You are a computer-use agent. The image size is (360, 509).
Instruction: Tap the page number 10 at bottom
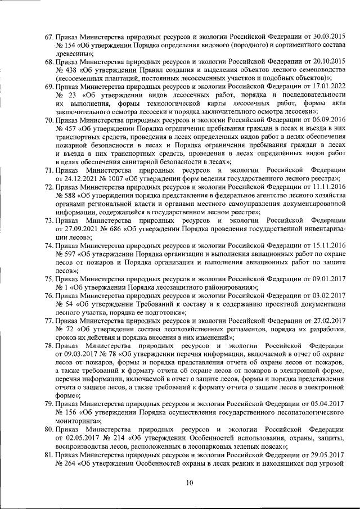coord(190,482)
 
